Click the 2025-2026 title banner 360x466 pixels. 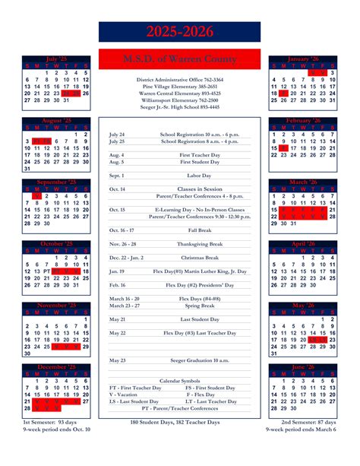coord(180,32)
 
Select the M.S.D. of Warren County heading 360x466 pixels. coord(180,59)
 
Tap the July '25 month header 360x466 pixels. coord(57,59)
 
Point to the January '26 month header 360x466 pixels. coord(303,59)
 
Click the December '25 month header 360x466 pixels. coord(57,367)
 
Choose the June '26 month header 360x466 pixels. coord(303,367)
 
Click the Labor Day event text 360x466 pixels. coord(200,175)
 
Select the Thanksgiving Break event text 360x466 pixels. coord(200,244)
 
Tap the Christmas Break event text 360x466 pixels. coord(200,258)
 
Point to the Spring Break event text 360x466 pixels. coord(200,306)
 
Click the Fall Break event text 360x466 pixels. coord(200,230)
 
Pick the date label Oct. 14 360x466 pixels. coord(117,189)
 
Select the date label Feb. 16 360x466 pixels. coord(117,284)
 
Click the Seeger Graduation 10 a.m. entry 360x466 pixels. coord(200,360)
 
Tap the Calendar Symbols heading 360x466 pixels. coord(180,380)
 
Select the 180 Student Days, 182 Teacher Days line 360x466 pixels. coord(180,422)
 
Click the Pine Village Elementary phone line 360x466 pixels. coord(180,86)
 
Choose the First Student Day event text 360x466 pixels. coord(200,161)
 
